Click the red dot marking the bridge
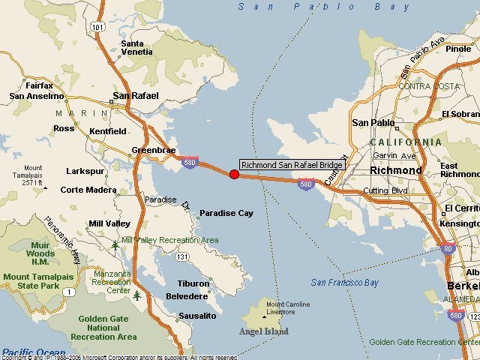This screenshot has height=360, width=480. point(234,174)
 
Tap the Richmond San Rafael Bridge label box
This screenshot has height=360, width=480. point(292,165)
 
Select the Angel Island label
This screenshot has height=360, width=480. point(263,331)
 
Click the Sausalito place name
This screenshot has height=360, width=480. point(197,316)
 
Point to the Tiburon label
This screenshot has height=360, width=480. point(193,283)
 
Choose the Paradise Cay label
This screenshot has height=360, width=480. point(226,213)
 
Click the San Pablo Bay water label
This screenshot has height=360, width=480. point(324,7)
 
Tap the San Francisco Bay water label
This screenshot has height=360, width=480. point(345,283)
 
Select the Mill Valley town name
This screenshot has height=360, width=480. point(109,223)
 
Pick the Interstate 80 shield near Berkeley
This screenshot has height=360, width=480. point(448,249)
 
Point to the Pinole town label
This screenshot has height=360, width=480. point(458,49)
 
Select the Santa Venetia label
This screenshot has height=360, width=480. point(137,48)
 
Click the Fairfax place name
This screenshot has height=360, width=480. point(39,85)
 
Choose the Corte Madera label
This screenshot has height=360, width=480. point(88,190)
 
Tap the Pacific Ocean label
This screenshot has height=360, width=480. point(33,352)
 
